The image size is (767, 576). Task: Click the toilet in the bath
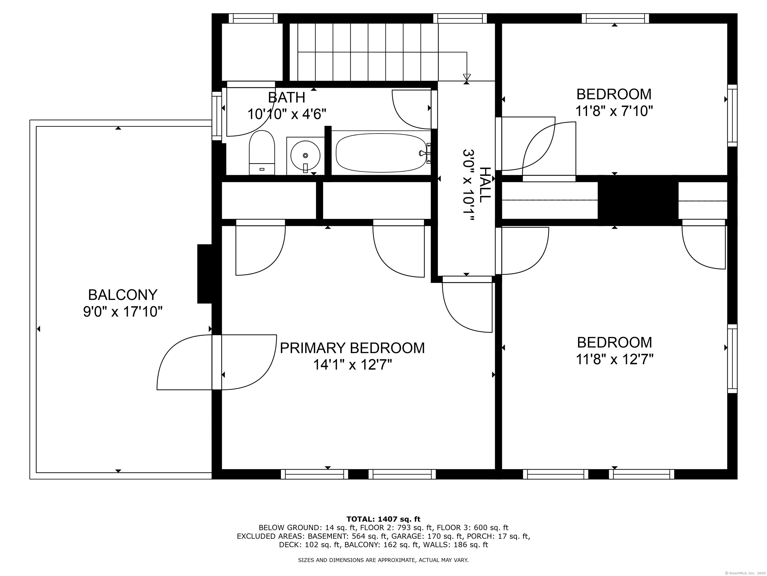click(262, 152)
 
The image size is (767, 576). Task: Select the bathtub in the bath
click(382, 153)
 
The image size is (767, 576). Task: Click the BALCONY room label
click(123, 295)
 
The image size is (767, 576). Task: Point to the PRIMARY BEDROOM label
click(352, 348)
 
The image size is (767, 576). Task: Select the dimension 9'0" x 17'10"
click(123, 312)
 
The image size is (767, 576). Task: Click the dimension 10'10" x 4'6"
click(287, 114)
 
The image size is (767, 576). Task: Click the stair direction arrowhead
click(467, 77)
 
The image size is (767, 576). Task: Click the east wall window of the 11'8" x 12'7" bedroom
click(732, 359)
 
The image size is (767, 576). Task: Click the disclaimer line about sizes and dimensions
click(383, 560)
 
